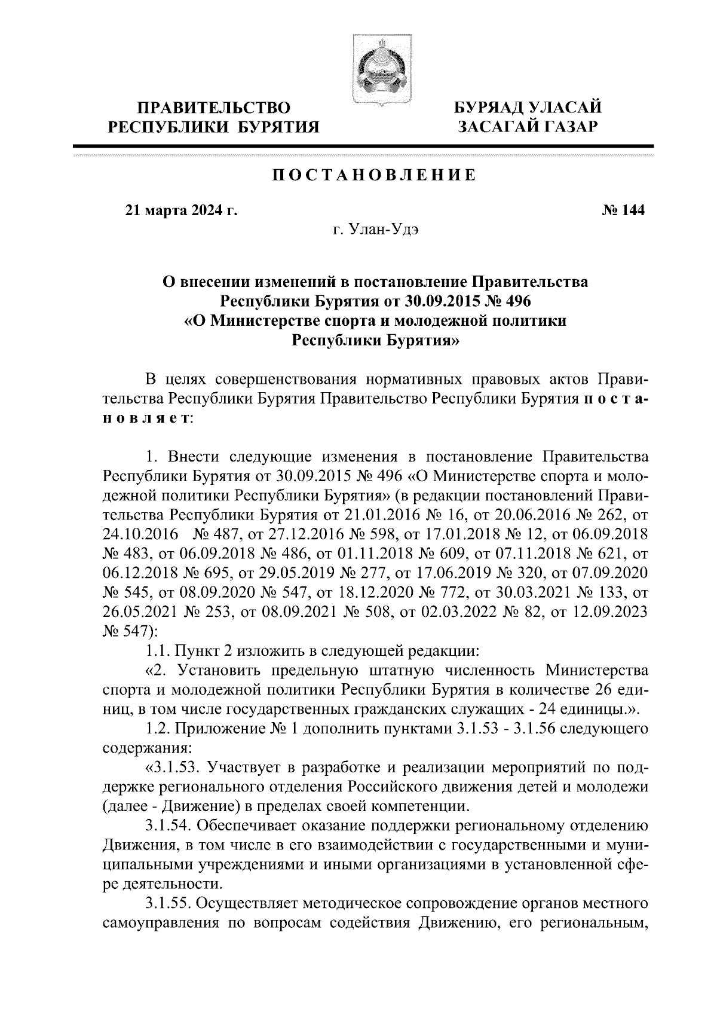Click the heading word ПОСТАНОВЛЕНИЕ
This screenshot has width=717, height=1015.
click(375, 175)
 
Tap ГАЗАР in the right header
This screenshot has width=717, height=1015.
click(564, 127)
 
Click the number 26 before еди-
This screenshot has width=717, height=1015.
click(608, 689)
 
